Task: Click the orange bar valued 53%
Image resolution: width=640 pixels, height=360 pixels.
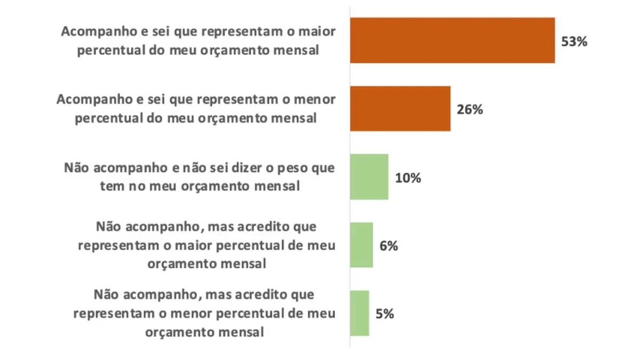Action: tap(452, 41)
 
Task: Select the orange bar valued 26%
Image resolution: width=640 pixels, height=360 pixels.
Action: tap(400, 109)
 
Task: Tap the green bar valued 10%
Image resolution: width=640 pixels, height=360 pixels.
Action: tap(369, 177)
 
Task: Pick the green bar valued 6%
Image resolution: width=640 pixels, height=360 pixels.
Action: tap(362, 245)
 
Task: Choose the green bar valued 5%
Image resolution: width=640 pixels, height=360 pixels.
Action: tap(359, 314)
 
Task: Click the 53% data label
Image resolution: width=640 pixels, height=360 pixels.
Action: tap(574, 42)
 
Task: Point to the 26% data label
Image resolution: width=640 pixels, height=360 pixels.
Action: tap(470, 110)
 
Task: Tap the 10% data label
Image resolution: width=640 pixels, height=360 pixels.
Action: tap(408, 178)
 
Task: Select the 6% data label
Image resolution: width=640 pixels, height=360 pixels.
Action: tap(388, 246)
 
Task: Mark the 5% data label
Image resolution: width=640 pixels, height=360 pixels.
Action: tap(385, 314)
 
